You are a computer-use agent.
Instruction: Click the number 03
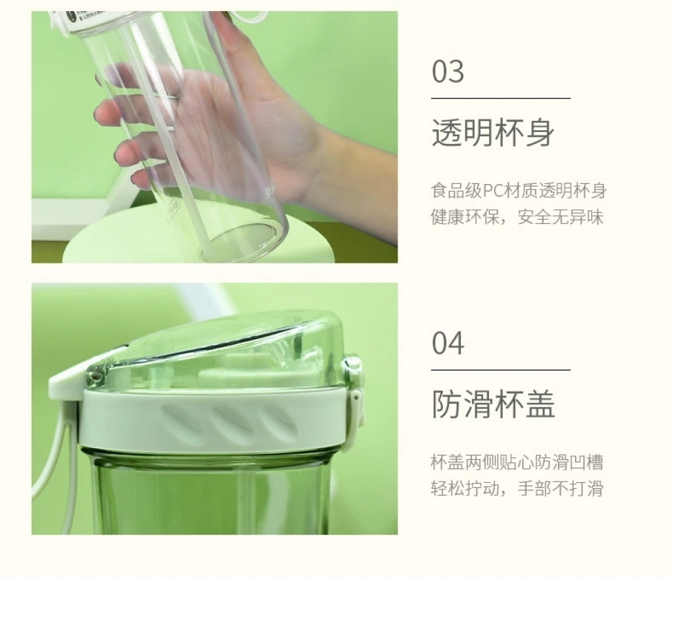click(448, 72)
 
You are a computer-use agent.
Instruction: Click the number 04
click(448, 344)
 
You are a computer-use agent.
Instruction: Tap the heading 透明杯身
click(493, 133)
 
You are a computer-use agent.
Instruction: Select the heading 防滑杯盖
click(493, 404)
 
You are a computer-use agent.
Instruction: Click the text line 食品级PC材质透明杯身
click(519, 190)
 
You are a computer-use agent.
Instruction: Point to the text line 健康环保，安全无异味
click(517, 217)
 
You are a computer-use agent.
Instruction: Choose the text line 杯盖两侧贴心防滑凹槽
click(517, 462)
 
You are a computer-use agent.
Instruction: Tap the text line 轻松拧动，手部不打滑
click(517, 488)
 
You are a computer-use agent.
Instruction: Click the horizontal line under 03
click(501, 99)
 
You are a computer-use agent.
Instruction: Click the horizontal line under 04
click(501, 369)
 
